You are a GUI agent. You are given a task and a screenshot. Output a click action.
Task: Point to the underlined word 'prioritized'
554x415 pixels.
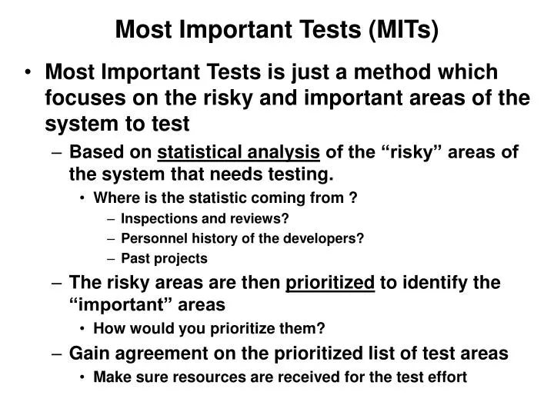pos(330,282)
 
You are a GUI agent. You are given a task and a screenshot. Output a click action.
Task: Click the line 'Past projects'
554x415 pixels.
pos(164,258)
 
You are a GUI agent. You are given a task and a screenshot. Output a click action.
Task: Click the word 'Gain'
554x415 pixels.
pos(88,354)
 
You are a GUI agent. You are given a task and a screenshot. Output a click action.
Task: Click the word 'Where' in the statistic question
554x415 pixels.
pos(112,197)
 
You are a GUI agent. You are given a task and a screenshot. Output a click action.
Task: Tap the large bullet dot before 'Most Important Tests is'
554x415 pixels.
pos(28,72)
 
